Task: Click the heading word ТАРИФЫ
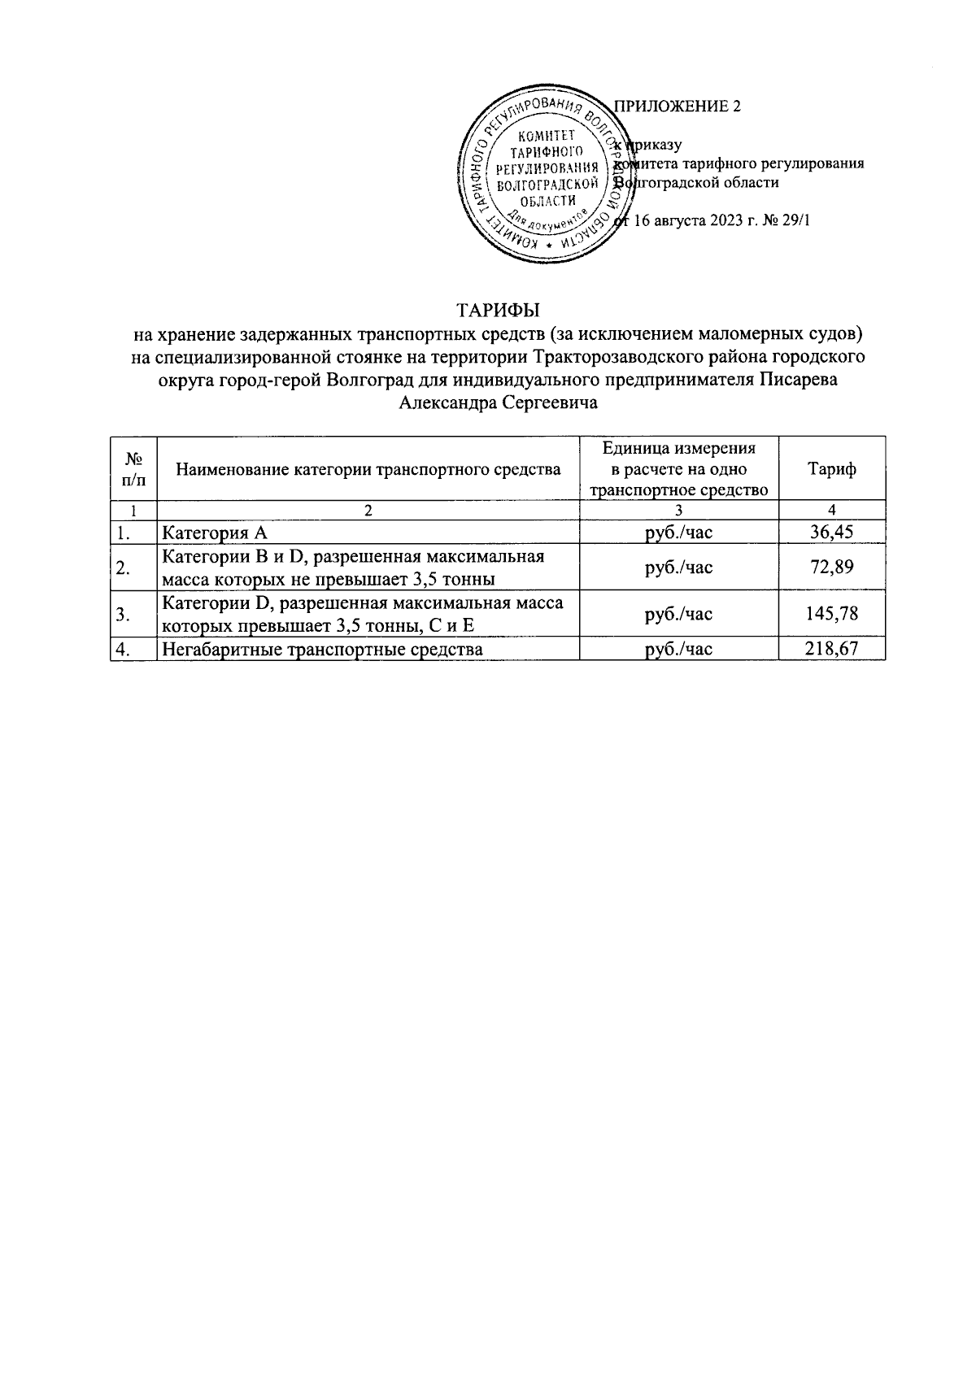tap(499, 310)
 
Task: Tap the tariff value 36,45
tap(831, 533)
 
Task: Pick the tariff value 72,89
tap(831, 568)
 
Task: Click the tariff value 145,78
tap(831, 614)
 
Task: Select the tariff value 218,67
tap(831, 649)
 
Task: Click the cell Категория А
tap(215, 533)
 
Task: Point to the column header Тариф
tap(831, 469)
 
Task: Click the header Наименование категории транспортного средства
tap(368, 469)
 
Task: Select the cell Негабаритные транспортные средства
tap(322, 649)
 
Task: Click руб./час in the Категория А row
tap(678, 533)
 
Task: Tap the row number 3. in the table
tap(124, 615)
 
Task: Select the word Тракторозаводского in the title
tap(599, 356)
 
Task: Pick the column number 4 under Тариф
tap(831, 511)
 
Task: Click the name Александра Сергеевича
tap(499, 402)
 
